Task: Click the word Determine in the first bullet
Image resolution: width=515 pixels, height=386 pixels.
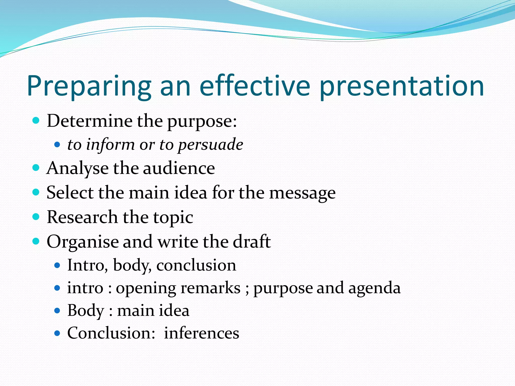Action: (90, 121)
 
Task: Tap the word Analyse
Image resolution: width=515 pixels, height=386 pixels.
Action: (77, 168)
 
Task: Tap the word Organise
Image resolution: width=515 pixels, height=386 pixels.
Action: (82, 242)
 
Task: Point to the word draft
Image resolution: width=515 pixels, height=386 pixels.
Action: (252, 241)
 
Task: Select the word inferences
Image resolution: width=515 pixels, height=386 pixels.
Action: (201, 333)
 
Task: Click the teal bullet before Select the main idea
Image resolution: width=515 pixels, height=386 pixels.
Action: (36, 192)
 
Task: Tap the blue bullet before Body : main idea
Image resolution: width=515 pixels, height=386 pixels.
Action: (57, 311)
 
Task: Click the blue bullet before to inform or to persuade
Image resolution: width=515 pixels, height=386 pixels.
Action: (57, 145)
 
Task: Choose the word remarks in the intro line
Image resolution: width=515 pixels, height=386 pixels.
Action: (210, 288)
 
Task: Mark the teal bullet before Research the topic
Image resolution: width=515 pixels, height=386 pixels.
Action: (36, 217)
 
